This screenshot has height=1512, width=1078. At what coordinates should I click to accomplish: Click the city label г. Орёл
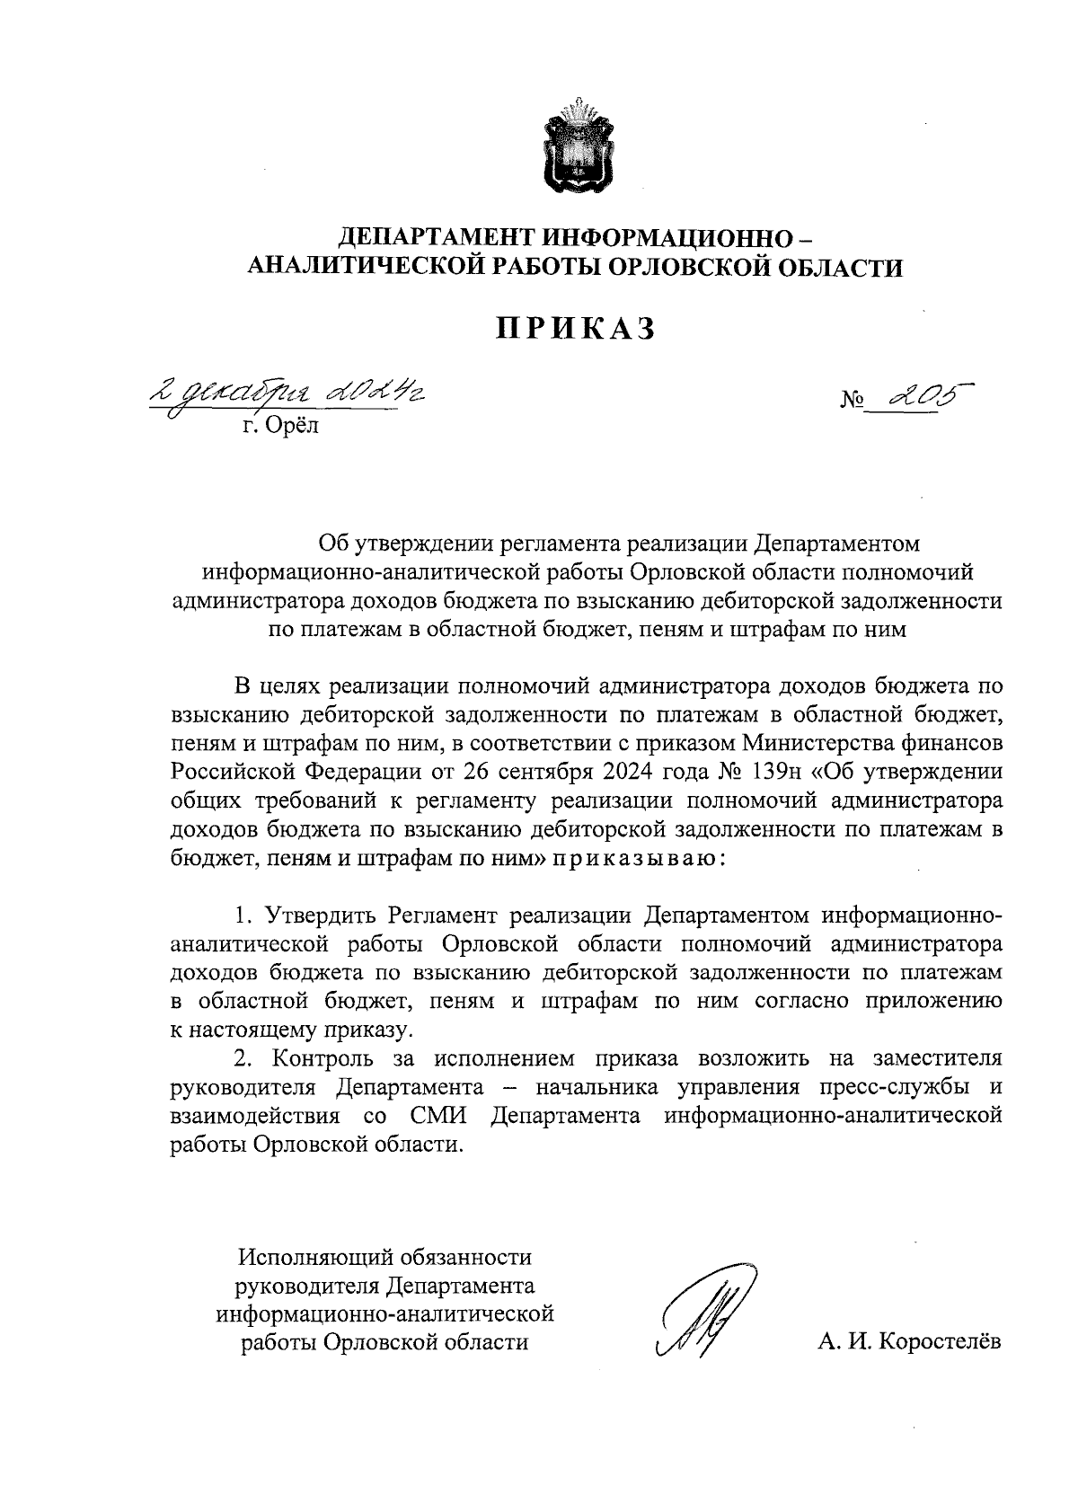[280, 426]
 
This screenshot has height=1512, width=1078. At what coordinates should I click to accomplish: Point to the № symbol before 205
[853, 400]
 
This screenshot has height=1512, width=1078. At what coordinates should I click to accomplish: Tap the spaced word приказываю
[637, 858]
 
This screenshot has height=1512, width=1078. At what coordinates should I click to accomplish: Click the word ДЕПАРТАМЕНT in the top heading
[436, 238]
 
